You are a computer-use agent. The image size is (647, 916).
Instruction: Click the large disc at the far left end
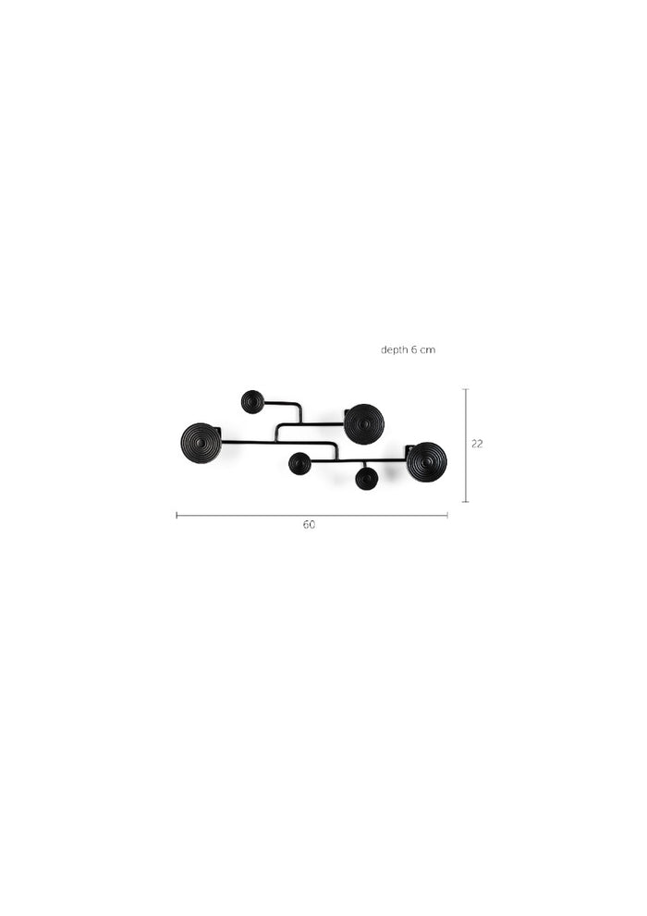[x=201, y=443]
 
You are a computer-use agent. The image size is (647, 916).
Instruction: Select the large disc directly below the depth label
[x=364, y=423]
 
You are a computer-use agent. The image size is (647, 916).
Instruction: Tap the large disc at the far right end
[x=426, y=461]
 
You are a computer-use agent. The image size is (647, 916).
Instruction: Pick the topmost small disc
[x=252, y=401]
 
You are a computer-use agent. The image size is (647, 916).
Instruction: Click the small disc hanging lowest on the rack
[x=367, y=478]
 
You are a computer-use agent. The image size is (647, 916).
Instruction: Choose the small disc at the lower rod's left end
[x=299, y=463]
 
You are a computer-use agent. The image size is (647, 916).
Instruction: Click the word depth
[x=394, y=350]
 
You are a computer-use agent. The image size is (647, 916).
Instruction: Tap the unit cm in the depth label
[x=428, y=350]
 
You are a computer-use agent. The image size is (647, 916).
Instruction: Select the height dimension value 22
[x=477, y=444]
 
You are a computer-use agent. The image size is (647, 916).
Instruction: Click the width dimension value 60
[x=309, y=525]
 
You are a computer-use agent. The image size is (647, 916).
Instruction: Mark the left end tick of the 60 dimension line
[x=177, y=516]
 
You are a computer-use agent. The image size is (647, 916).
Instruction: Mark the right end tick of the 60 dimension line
[x=447, y=516]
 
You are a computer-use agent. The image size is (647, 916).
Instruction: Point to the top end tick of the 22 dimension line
[x=465, y=389]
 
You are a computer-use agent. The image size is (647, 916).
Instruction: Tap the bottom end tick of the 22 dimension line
[x=465, y=502]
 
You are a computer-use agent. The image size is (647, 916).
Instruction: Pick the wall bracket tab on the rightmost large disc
[x=409, y=449]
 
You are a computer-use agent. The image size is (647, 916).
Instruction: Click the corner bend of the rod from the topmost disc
[x=299, y=405]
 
